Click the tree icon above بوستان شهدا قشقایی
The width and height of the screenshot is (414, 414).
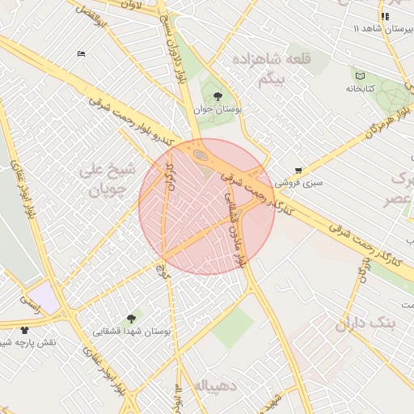[x=131, y=319]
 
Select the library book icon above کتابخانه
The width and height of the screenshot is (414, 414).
[x=360, y=76]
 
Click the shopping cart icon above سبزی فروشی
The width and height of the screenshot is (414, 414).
[x=299, y=171]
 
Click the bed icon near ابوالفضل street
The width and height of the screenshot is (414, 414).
[x=81, y=53]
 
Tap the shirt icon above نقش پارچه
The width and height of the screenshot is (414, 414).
[x=24, y=330]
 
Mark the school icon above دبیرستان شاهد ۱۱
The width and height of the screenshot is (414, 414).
[x=385, y=16]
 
